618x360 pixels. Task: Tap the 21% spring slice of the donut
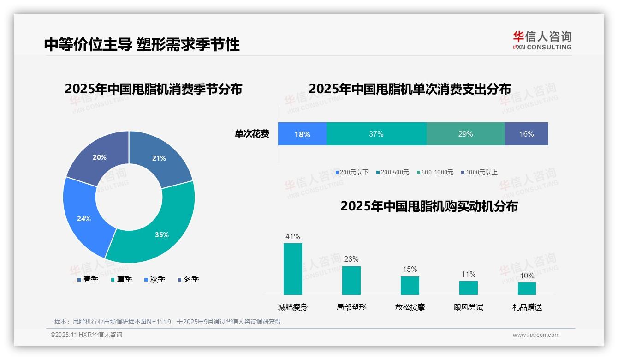click(159, 158)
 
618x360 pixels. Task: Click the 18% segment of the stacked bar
click(302, 134)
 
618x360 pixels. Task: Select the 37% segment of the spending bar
click(376, 134)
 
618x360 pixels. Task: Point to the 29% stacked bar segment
click(465, 134)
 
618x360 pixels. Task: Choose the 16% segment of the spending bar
click(526, 134)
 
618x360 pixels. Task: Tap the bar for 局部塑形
click(351, 280)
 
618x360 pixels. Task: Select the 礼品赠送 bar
click(527, 288)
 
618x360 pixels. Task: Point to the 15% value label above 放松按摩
click(410, 270)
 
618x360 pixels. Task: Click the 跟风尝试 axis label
click(468, 307)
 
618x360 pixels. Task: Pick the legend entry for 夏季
click(122, 280)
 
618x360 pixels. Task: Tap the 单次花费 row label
click(252, 134)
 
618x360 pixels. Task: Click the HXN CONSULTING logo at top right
click(542, 40)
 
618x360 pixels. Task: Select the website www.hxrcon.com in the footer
click(536, 335)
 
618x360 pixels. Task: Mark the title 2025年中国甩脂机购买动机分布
click(429, 206)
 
